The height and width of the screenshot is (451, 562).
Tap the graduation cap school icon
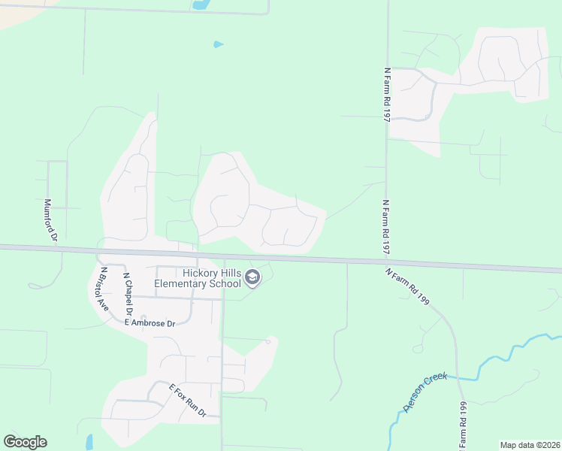[252, 279]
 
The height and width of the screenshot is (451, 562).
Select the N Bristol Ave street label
[104, 289]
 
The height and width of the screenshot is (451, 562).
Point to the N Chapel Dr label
[128, 294]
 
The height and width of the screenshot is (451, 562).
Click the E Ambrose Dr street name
[150, 322]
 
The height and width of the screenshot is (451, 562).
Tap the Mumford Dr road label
[50, 219]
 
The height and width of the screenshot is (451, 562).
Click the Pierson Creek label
[425, 392]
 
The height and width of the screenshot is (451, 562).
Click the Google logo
[25, 442]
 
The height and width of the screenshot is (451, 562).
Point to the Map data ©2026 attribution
[530, 445]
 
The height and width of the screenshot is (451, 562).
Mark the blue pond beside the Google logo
[89, 442]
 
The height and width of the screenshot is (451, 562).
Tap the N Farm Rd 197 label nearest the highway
[387, 227]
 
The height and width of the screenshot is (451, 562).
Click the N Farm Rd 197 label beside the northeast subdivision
[387, 94]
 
